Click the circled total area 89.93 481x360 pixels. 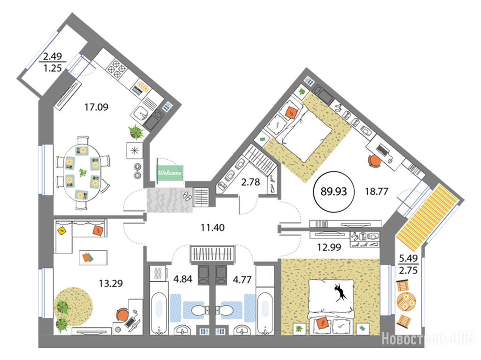pyautogui.click(x=334, y=191)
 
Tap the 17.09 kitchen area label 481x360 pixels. pyautogui.click(x=96, y=107)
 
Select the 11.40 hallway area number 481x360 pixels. pyautogui.click(x=213, y=228)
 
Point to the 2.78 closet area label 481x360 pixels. pyautogui.click(x=250, y=182)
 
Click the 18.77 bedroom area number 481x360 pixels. pyautogui.click(x=376, y=191)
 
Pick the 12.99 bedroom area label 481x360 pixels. pyautogui.click(x=329, y=247)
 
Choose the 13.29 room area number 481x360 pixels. pyautogui.click(x=111, y=283)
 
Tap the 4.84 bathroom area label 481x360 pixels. pyautogui.click(x=183, y=279)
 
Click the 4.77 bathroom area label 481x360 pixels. pyautogui.click(x=242, y=280)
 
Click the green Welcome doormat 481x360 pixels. pyautogui.click(x=170, y=173)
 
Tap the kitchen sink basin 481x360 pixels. pyautogui.click(x=141, y=114)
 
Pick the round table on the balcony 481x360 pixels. pyautogui.click(x=406, y=301)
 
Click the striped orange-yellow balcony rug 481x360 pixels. pyautogui.click(x=427, y=214)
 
